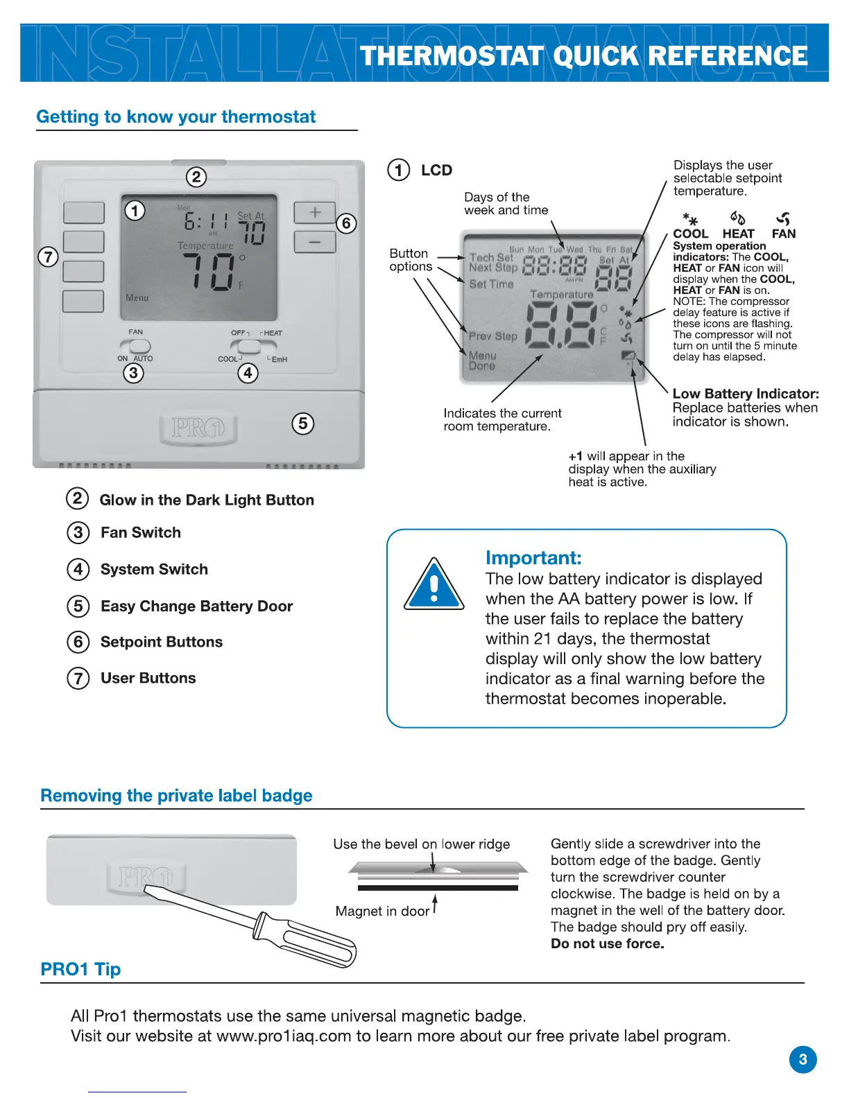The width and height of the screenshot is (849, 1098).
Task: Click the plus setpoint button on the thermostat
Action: [x=314, y=213]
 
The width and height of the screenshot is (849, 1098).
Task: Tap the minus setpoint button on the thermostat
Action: [x=314, y=242]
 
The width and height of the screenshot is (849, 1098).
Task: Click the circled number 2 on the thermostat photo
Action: [x=196, y=177]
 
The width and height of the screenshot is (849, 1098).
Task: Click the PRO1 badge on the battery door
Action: [x=198, y=428]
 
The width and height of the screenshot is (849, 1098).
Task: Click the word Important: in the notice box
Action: [x=533, y=558]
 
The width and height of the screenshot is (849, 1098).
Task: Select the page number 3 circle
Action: [x=803, y=1059]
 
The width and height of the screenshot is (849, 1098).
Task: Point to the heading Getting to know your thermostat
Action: [x=176, y=116]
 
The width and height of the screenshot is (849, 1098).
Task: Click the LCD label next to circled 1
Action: [x=436, y=171]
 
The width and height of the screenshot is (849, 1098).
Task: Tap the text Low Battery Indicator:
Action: [x=746, y=394]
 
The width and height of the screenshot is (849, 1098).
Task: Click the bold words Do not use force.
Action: [x=607, y=943]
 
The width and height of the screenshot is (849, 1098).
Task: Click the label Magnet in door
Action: [x=382, y=911]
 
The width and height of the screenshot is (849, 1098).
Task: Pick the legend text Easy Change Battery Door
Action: [x=196, y=607]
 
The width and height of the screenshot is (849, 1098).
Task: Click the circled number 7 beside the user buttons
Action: [x=48, y=257]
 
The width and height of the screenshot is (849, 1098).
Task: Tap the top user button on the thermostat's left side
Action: [x=84, y=213]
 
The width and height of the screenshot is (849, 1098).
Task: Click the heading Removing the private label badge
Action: [x=176, y=796]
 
